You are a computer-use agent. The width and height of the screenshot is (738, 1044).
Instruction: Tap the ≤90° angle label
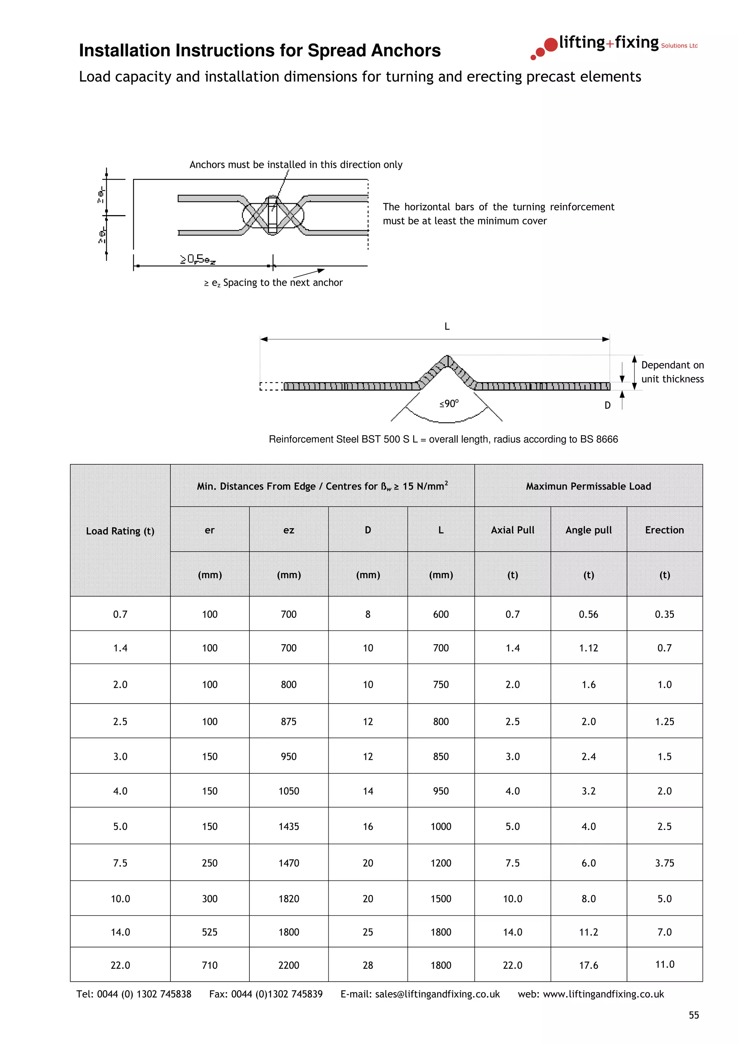449,404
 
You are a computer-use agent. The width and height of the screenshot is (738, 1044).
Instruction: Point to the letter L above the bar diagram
447,326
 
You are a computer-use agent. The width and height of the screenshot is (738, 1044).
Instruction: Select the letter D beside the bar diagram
608,405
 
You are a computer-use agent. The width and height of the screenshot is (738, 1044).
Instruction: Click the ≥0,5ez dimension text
198,259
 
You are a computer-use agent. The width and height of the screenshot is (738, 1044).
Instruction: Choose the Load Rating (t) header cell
120,531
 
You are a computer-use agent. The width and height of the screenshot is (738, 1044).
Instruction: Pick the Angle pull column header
588,530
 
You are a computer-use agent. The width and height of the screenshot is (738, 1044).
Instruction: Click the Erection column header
664,530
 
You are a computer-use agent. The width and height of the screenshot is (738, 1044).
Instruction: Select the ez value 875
289,722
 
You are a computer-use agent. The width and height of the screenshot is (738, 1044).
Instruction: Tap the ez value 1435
289,827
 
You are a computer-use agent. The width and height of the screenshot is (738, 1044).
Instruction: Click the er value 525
210,932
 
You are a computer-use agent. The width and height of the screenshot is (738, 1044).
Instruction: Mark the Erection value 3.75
664,863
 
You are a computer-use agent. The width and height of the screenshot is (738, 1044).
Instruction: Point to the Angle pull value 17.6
588,965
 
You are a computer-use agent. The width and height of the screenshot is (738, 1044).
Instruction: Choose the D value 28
368,965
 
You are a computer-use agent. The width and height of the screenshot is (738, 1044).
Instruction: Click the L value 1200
441,863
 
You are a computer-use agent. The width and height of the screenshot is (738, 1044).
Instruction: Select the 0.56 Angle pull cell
588,614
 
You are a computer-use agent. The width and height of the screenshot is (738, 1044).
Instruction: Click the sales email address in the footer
437,994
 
